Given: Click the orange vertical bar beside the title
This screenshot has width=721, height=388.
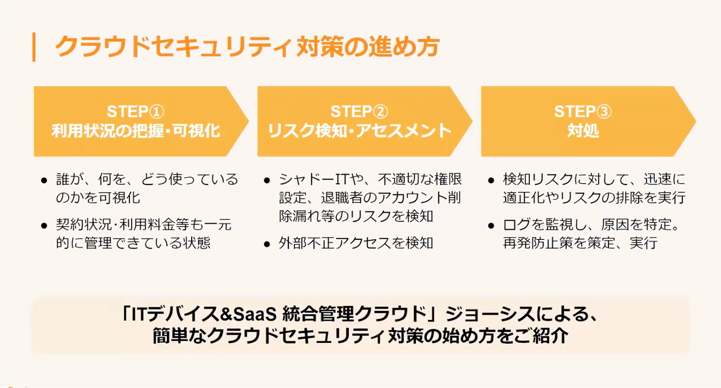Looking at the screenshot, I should (34, 47).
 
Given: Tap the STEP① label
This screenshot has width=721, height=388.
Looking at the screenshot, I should (135, 112).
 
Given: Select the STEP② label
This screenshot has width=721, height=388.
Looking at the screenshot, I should (359, 112).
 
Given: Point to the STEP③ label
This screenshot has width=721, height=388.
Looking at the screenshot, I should (582, 112).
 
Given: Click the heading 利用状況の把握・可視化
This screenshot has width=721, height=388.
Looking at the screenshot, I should (135, 131).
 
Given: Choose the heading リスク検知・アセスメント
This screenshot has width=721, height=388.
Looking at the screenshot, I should (359, 131).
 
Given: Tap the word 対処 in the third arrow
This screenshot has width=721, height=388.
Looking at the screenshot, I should (583, 131).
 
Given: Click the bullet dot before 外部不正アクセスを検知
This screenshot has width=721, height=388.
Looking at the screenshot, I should (267, 244).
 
